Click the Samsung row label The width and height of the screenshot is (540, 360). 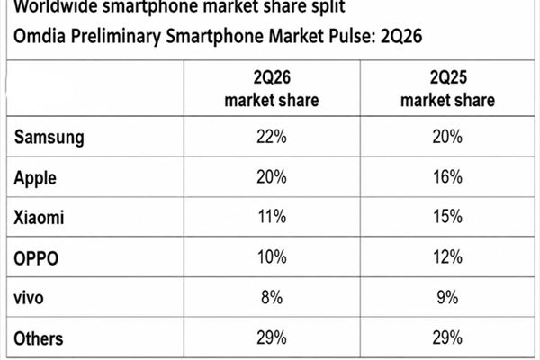[49, 138]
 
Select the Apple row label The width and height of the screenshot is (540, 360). [35, 178]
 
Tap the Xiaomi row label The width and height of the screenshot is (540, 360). [39, 218]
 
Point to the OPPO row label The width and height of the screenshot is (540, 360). [36, 258]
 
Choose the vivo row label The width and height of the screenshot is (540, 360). [29, 298]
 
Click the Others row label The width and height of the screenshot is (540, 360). [38, 338]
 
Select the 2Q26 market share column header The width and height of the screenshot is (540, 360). [272, 88]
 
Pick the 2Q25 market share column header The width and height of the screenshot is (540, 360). [447, 88]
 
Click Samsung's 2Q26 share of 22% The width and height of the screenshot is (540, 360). [272, 137]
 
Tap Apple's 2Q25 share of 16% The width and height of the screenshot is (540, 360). [447, 177]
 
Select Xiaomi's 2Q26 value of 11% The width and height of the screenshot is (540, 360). [272, 217]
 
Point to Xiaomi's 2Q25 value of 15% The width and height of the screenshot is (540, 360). [447, 217]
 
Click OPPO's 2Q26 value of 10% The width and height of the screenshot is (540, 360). [272, 257]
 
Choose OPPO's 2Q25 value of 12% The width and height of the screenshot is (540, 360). [447, 257]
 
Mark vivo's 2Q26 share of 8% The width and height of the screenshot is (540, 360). [272, 297]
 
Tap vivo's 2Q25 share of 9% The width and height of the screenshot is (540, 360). [447, 297]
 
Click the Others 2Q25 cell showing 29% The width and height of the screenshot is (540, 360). [447, 337]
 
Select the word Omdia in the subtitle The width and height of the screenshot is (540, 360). [40, 36]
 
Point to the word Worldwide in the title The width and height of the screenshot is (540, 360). [56, 6]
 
